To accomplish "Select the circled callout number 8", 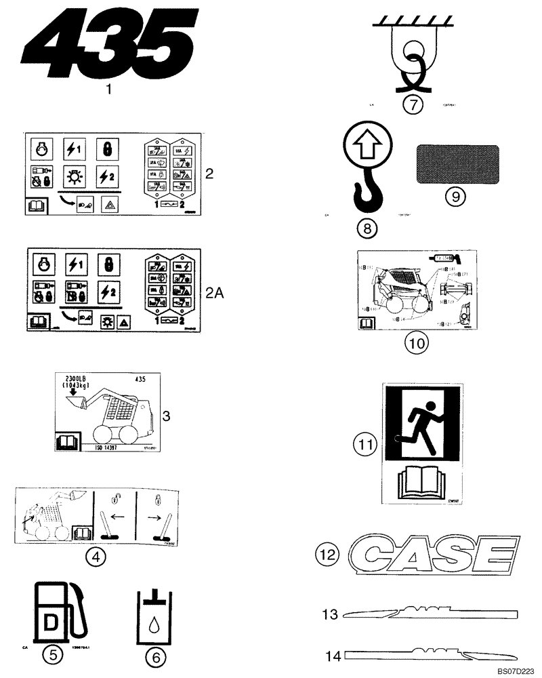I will (367, 228).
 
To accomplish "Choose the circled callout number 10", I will (417, 343).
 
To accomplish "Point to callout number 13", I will (329, 614).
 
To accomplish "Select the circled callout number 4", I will (96, 557).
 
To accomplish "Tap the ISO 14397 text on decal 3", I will (106, 448).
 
